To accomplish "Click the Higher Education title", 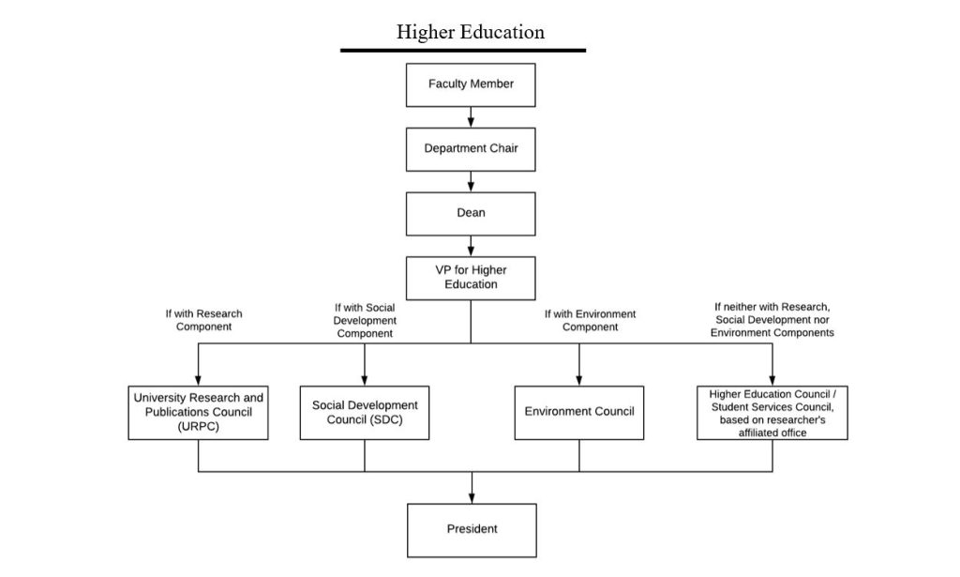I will (470, 32).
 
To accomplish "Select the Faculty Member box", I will (471, 84).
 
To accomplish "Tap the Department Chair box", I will (471, 148).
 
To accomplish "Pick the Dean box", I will (471, 213).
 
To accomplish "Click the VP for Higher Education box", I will (471, 278).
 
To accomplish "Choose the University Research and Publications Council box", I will (199, 412).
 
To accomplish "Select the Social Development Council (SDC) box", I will (365, 412).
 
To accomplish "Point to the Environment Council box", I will (579, 412).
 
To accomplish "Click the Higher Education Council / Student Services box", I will (772, 412).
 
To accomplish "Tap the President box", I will (472, 530).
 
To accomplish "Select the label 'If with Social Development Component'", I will (365, 320).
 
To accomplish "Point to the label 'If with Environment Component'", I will (590, 321).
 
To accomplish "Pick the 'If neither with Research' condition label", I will (772, 320).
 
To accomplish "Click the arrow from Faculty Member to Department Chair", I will (471, 117).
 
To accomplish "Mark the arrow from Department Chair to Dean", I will (471, 181).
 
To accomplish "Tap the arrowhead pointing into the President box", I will (472, 498).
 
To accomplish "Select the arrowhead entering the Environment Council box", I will (579, 380).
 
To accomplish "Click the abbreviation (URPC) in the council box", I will (198, 426).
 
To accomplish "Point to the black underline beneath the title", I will (463, 50).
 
